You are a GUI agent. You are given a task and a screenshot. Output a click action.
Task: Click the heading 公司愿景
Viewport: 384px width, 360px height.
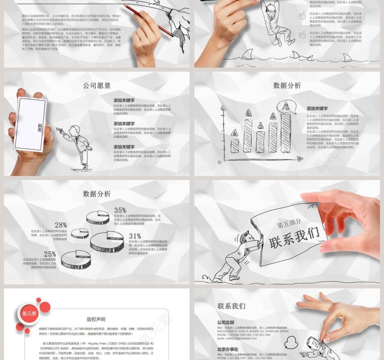[96, 85]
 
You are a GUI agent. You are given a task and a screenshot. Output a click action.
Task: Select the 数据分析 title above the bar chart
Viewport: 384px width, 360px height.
[287, 85]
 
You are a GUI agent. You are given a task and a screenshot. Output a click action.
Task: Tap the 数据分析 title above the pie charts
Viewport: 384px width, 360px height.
[96, 194]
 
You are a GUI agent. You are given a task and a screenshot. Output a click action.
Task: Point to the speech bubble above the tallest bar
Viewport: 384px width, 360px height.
[287, 107]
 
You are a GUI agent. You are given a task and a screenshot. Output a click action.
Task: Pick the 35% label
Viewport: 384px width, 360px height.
[120, 211]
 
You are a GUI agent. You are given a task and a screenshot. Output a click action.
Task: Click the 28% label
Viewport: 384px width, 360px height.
[61, 225]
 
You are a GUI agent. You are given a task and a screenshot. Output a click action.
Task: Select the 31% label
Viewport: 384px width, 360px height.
[135, 236]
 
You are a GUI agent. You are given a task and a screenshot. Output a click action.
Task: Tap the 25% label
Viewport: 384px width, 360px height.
[50, 254]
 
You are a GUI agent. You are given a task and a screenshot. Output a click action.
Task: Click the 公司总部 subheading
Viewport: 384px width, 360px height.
[225, 323]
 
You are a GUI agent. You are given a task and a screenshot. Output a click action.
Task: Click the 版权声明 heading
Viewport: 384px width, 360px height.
[96, 319]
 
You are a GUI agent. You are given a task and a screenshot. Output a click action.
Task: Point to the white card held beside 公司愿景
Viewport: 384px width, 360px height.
[30, 124]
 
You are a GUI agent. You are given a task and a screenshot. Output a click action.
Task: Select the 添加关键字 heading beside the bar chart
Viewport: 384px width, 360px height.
[317, 109]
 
